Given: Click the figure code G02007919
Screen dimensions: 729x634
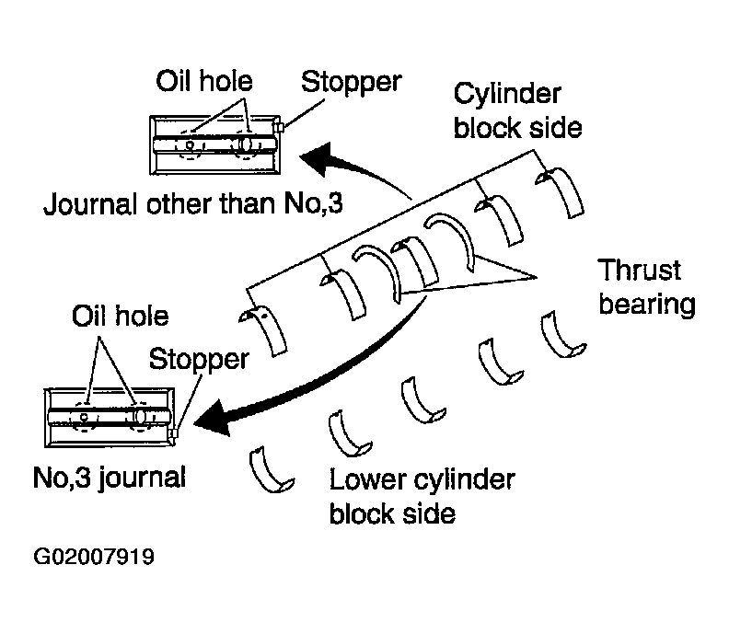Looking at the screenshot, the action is click(94, 557).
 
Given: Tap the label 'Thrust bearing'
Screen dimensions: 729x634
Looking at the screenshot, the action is click(647, 287).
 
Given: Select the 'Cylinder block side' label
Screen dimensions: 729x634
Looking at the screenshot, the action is click(517, 111).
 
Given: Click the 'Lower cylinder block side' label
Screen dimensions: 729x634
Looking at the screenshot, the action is click(422, 496).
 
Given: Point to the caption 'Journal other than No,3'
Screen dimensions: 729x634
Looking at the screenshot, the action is click(193, 203).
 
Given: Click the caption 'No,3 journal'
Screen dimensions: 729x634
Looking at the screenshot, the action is click(110, 478).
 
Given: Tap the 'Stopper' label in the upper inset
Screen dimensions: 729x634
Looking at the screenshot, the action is click(351, 82).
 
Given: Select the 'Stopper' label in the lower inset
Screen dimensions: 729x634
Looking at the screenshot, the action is click(199, 359).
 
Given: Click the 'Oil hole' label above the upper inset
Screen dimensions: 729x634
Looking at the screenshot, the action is click(204, 81).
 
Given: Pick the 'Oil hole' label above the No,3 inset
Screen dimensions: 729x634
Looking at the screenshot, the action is click(120, 316).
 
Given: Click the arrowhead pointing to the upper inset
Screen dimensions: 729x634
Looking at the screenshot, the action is click(318, 158).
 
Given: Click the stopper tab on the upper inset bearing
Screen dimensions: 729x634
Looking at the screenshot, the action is click(280, 127).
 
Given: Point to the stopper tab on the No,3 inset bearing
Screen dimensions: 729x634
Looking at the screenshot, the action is click(174, 433).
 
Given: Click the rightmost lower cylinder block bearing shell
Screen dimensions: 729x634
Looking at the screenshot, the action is click(562, 336).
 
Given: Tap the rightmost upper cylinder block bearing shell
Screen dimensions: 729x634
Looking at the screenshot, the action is click(563, 190).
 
